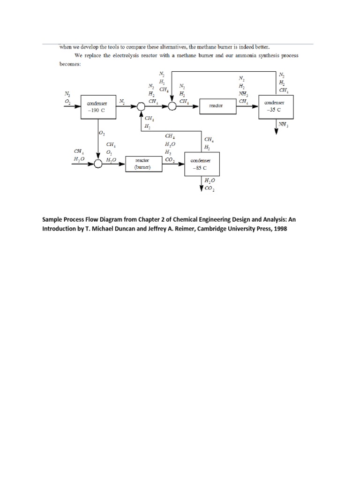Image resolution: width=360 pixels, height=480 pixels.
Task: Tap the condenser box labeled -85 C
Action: tap(202, 164)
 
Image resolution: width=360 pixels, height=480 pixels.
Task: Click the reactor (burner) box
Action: tap(142, 164)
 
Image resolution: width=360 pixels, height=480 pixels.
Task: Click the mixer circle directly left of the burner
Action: tap(98, 164)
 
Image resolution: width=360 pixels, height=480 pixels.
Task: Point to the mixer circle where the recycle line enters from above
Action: tap(172, 106)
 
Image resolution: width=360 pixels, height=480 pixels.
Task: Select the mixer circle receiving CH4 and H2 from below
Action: tap(141, 106)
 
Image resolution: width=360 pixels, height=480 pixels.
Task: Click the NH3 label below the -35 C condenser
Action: tap(283, 125)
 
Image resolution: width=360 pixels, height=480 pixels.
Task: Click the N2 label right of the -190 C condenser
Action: tap(122, 101)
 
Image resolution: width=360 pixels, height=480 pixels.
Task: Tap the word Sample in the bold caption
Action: tap(54, 219)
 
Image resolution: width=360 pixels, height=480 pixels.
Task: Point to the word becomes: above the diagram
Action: tap(70, 64)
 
